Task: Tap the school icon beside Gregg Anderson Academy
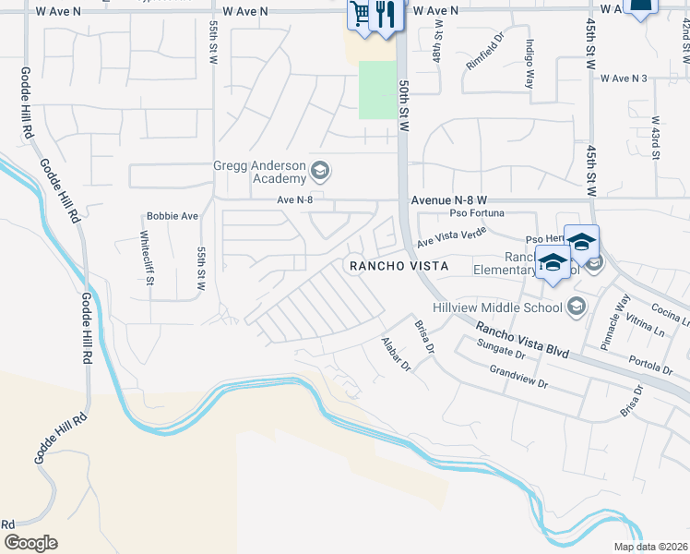(320, 170)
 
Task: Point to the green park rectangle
(375, 90)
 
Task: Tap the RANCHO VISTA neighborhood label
(399, 266)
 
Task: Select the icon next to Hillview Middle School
(577, 306)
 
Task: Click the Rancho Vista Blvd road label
(522, 339)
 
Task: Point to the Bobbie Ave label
(172, 216)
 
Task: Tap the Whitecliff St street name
(146, 259)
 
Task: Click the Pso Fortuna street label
(476, 213)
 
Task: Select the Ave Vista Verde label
(451, 237)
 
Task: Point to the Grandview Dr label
(518, 377)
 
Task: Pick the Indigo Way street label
(530, 61)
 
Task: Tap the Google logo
(30, 543)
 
